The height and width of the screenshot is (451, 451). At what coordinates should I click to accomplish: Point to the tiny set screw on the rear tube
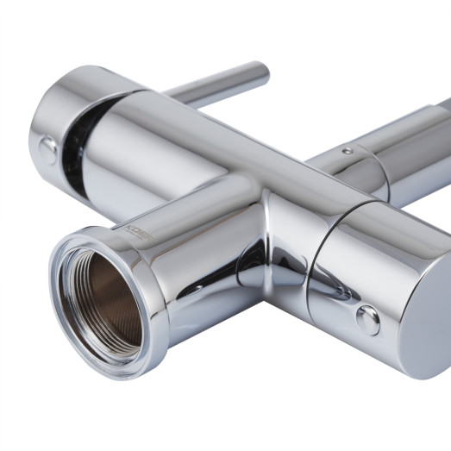[x=346, y=152]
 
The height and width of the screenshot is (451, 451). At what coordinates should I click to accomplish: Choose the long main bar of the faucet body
[x=259, y=172]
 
